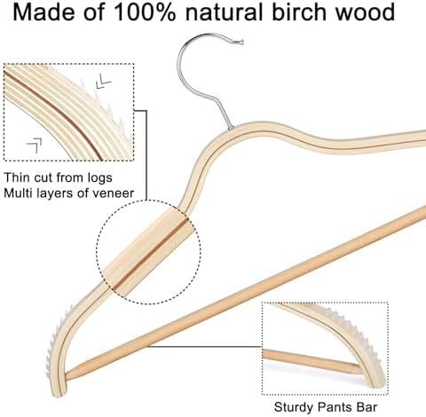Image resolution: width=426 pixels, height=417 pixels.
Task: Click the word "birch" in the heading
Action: [x=298, y=12]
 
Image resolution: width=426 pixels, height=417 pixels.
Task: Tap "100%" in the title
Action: [x=145, y=12]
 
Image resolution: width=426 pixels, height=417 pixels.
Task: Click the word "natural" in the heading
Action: [x=224, y=12]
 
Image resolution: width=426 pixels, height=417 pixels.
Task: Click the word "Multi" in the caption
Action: [x=19, y=193]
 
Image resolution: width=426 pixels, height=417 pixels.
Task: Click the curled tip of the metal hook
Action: [x=241, y=42]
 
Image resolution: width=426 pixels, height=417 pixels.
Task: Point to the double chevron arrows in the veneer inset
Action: [x=103, y=81]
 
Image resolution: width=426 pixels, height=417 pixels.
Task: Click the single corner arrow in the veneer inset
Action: [x=35, y=146]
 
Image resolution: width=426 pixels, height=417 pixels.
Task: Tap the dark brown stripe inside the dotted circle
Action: [x=150, y=254]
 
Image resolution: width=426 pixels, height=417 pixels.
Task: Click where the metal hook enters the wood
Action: [x=231, y=128]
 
